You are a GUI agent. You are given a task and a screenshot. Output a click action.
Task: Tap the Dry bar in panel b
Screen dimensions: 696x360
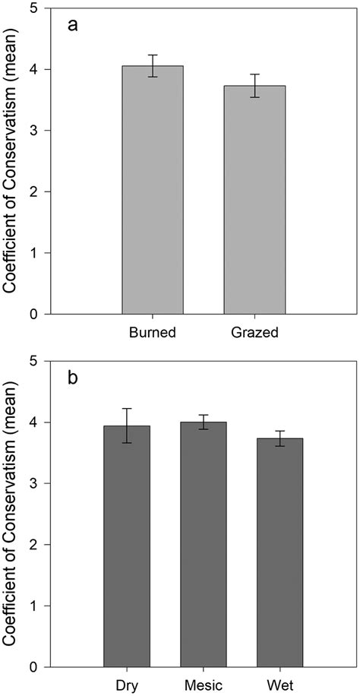point(127,546)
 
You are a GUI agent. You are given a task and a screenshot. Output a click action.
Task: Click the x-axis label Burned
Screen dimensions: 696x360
point(153,332)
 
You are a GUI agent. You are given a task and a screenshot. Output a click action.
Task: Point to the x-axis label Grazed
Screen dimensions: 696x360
point(254,332)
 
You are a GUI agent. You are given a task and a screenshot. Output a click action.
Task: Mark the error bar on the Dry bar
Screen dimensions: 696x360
point(127,426)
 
